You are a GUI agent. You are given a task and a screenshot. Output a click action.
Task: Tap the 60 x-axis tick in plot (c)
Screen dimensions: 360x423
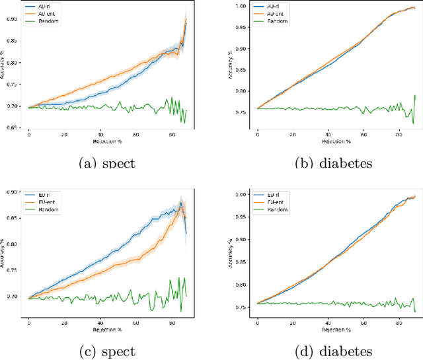tap(135, 318)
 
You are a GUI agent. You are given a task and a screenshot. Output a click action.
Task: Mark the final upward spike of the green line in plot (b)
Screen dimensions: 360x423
tap(414, 96)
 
